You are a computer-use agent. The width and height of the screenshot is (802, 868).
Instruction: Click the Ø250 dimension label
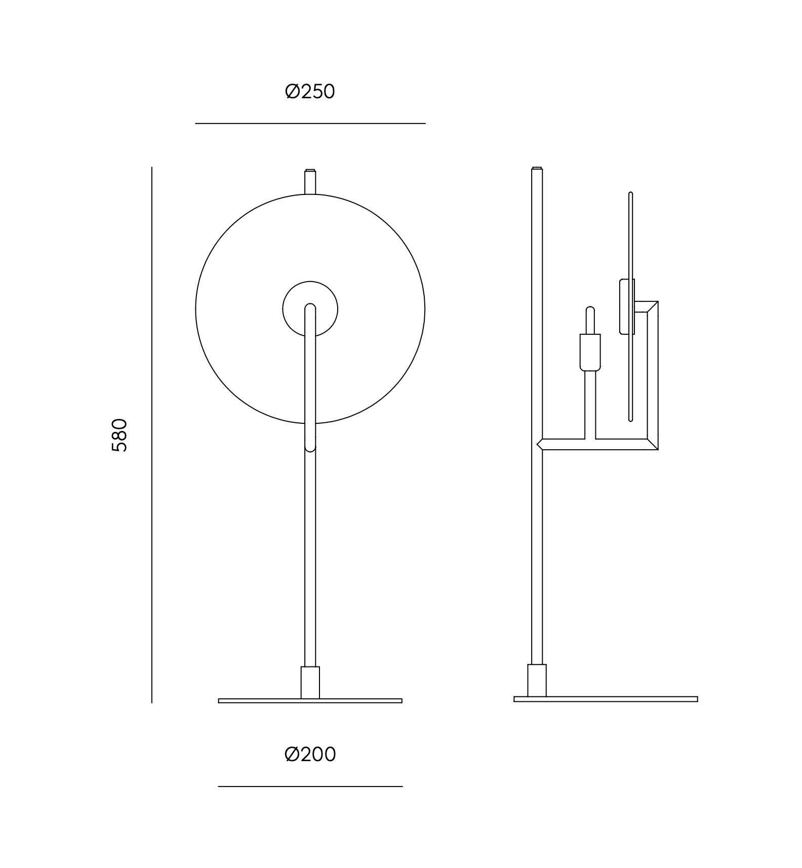click(x=310, y=92)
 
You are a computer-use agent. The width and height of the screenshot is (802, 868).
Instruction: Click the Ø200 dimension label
click(x=310, y=755)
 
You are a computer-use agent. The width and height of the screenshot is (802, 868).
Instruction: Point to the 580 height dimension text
click(x=119, y=435)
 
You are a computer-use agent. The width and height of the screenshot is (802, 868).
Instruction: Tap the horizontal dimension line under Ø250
click(x=310, y=123)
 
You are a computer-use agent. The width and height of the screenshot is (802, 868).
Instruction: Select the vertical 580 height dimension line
click(x=151, y=435)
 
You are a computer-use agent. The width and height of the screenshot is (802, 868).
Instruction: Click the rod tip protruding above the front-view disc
click(x=310, y=182)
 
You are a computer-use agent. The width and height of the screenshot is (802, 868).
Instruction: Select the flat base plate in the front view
click(x=310, y=701)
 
